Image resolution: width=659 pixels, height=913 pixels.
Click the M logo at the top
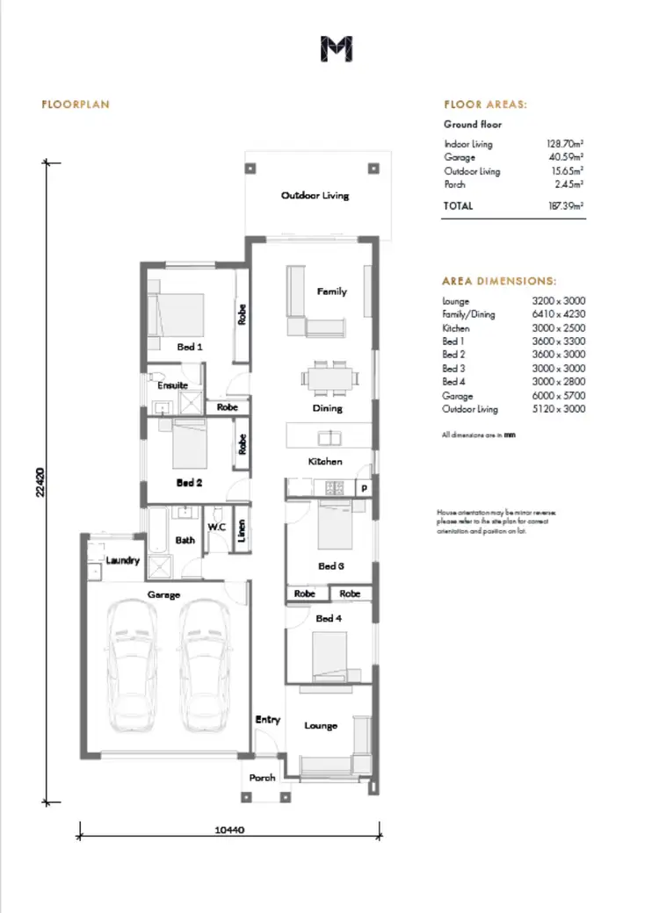337,50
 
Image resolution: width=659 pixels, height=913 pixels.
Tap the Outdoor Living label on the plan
315,195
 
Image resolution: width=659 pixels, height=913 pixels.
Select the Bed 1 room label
190,347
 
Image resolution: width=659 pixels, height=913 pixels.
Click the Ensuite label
172,385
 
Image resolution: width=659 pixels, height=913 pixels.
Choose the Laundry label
123,559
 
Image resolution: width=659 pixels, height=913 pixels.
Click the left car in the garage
131,668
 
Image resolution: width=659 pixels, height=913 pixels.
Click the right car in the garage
206,668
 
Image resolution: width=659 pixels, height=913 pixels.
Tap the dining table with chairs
331,377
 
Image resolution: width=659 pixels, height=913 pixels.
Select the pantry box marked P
363,487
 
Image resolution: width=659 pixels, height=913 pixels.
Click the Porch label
262,777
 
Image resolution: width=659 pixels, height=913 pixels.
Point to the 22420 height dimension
40,481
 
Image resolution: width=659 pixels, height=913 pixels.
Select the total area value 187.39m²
565,205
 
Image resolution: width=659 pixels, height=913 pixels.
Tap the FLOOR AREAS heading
485,104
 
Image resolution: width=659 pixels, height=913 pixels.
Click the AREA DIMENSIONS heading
498,282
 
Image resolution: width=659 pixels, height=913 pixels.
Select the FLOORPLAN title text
75,104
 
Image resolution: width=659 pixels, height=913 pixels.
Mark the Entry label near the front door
268,720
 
